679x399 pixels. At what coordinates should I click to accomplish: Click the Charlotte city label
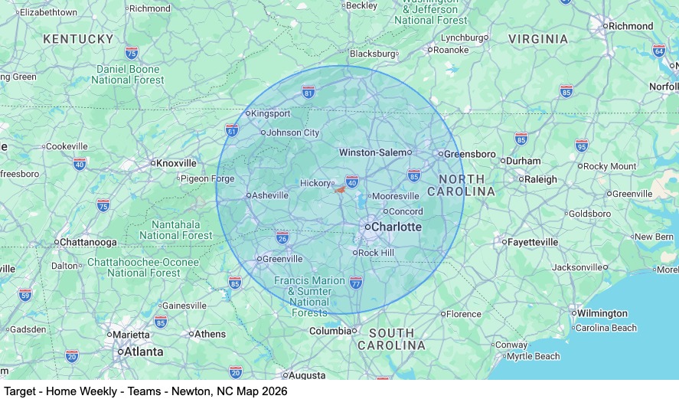pos(397,227)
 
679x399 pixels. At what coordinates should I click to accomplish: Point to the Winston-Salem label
pos(373,152)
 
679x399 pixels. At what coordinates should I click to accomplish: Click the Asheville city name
pos(270,195)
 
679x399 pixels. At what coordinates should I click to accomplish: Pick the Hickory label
pos(315,184)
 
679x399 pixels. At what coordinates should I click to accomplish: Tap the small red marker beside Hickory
pos(339,189)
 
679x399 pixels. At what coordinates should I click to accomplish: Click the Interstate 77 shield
pos(355,283)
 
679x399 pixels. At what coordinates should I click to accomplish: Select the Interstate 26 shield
pos(282,237)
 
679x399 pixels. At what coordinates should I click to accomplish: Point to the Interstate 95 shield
pos(582,145)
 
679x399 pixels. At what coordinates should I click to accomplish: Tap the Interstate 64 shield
pos(658,51)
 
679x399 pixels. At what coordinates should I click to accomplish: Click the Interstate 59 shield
pos(25,294)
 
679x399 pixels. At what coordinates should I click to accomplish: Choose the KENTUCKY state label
pos(78,38)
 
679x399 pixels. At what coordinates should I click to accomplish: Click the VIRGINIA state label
pos(538,39)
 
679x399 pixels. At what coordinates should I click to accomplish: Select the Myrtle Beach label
pos(533,357)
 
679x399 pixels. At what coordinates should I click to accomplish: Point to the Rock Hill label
pos(376,253)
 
